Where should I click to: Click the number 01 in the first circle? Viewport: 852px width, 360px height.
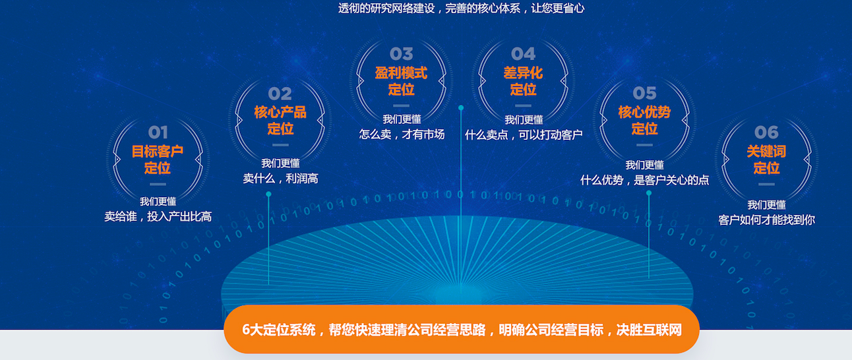(x=158, y=133)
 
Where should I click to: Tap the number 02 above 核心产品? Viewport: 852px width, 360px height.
(x=280, y=94)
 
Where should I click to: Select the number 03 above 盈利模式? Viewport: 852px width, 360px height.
(x=402, y=54)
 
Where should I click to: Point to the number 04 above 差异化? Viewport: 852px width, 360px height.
(x=524, y=54)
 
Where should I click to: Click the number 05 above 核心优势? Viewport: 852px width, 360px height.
(x=645, y=93)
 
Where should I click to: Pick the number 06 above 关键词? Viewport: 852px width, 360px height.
(x=766, y=133)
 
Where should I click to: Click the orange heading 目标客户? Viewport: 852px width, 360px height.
(x=158, y=151)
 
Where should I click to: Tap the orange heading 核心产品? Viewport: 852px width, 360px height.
(x=280, y=112)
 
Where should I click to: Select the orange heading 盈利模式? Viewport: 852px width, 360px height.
(x=402, y=73)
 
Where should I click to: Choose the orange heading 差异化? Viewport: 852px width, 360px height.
(x=524, y=73)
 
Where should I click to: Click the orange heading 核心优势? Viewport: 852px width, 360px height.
(x=645, y=112)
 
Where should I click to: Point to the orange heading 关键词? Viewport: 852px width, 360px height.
(x=766, y=151)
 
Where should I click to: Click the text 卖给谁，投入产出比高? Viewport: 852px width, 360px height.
(x=158, y=217)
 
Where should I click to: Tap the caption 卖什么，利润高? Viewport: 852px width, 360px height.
(x=280, y=178)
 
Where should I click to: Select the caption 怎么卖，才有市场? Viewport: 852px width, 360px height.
(x=402, y=135)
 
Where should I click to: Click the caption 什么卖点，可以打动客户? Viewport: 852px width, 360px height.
(x=524, y=135)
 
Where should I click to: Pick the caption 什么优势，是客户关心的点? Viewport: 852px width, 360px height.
(x=645, y=180)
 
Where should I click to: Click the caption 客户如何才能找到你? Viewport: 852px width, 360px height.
(x=766, y=220)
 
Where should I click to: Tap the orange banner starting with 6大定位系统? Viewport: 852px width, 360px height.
(x=462, y=329)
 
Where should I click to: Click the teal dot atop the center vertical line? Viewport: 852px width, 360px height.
(x=461, y=108)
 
